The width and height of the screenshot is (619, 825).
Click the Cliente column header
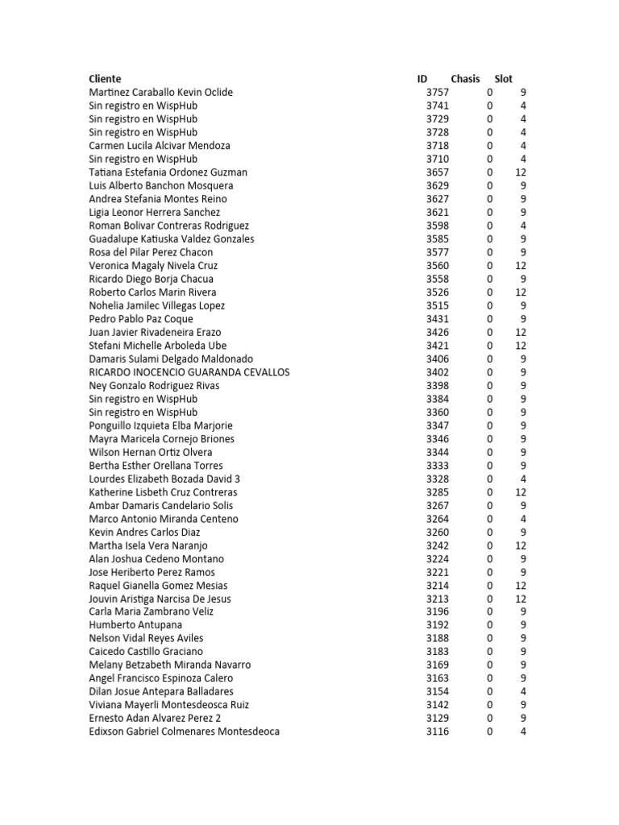click(x=105, y=79)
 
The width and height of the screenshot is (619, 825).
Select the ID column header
click(x=422, y=79)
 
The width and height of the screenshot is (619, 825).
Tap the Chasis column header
click(x=465, y=79)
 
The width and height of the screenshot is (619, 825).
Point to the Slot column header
click(x=503, y=79)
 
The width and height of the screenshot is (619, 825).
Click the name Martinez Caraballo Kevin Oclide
click(x=160, y=92)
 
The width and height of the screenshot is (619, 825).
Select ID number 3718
click(x=438, y=146)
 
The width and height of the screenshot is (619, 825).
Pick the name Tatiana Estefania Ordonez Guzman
click(x=168, y=172)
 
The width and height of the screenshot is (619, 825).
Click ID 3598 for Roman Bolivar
click(x=438, y=226)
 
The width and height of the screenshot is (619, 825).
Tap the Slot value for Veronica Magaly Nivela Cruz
click(x=521, y=265)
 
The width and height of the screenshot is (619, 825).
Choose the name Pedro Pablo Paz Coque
click(x=141, y=319)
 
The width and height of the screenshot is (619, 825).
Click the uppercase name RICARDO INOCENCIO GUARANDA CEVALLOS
click(x=189, y=372)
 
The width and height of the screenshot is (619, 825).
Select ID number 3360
click(x=438, y=412)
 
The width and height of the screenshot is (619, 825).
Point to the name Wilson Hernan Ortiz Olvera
click(x=151, y=452)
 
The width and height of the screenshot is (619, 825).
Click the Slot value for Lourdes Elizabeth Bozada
click(x=523, y=479)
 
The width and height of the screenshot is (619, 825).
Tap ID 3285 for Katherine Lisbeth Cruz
click(x=438, y=492)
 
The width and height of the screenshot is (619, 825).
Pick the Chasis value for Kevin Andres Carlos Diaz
click(x=489, y=532)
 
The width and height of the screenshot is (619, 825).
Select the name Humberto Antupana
click(x=135, y=624)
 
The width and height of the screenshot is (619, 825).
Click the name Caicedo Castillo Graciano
click(x=146, y=651)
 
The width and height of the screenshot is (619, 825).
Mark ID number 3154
click(x=438, y=691)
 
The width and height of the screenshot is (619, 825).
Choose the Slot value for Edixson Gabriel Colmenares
click(x=523, y=732)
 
